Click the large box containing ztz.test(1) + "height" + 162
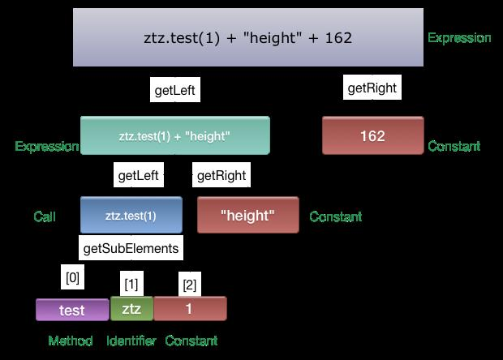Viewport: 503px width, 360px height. pyautogui.click(x=248, y=38)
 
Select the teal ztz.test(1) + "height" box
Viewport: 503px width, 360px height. pyautogui.click(x=174, y=135)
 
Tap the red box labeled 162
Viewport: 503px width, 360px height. pyautogui.click(x=372, y=135)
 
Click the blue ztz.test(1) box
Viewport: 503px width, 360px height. pyautogui.click(x=131, y=216)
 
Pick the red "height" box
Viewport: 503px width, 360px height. pyautogui.click(x=247, y=216)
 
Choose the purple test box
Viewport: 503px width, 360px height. pyautogui.click(x=72, y=310)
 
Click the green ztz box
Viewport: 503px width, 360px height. pyautogui.click(x=131, y=309)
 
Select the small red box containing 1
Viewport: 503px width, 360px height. pyautogui.click(x=190, y=309)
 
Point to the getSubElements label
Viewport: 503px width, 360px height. pyautogui.click(x=131, y=247)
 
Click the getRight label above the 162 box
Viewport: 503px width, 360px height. pyautogui.click(x=372, y=88)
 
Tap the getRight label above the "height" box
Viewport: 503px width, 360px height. pyautogui.click(x=221, y=175)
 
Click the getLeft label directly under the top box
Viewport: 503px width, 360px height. pyautogui.click(x=175, y=90)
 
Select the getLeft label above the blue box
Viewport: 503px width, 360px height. pyautogui.click(x=139, y=175)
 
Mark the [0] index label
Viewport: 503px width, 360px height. pyautogui.click(x=72, y=277)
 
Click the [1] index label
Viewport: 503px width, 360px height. pyautogui.click(x=131, y=285)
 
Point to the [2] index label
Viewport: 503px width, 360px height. pyautogui.click(x=189, y=285)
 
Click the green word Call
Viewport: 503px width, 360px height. pyautogui.click(x=44, y=216)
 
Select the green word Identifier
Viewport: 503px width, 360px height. pyautogui.click(x=131, y=341)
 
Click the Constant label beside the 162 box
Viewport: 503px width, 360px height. pyautogui.click(x=454, y=147)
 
